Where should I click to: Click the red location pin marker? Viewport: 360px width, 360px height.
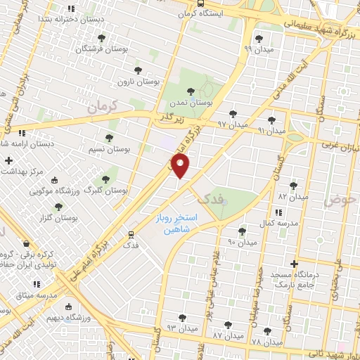[181, 167]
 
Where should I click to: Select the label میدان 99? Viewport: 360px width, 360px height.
[258, 49]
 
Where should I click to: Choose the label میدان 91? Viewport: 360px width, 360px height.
[271, 131]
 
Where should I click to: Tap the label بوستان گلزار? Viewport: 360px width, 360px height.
[58, 218]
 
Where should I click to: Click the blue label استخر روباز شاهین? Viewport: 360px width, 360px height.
[176, 224]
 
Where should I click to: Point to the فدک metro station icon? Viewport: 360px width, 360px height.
[131, 234]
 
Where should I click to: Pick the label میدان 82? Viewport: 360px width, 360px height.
[293, 197]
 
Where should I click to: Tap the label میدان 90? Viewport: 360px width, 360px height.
[242, 242]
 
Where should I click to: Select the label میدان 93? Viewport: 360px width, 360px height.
[181, 328]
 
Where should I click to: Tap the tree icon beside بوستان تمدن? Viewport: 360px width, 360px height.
[190, 90]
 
